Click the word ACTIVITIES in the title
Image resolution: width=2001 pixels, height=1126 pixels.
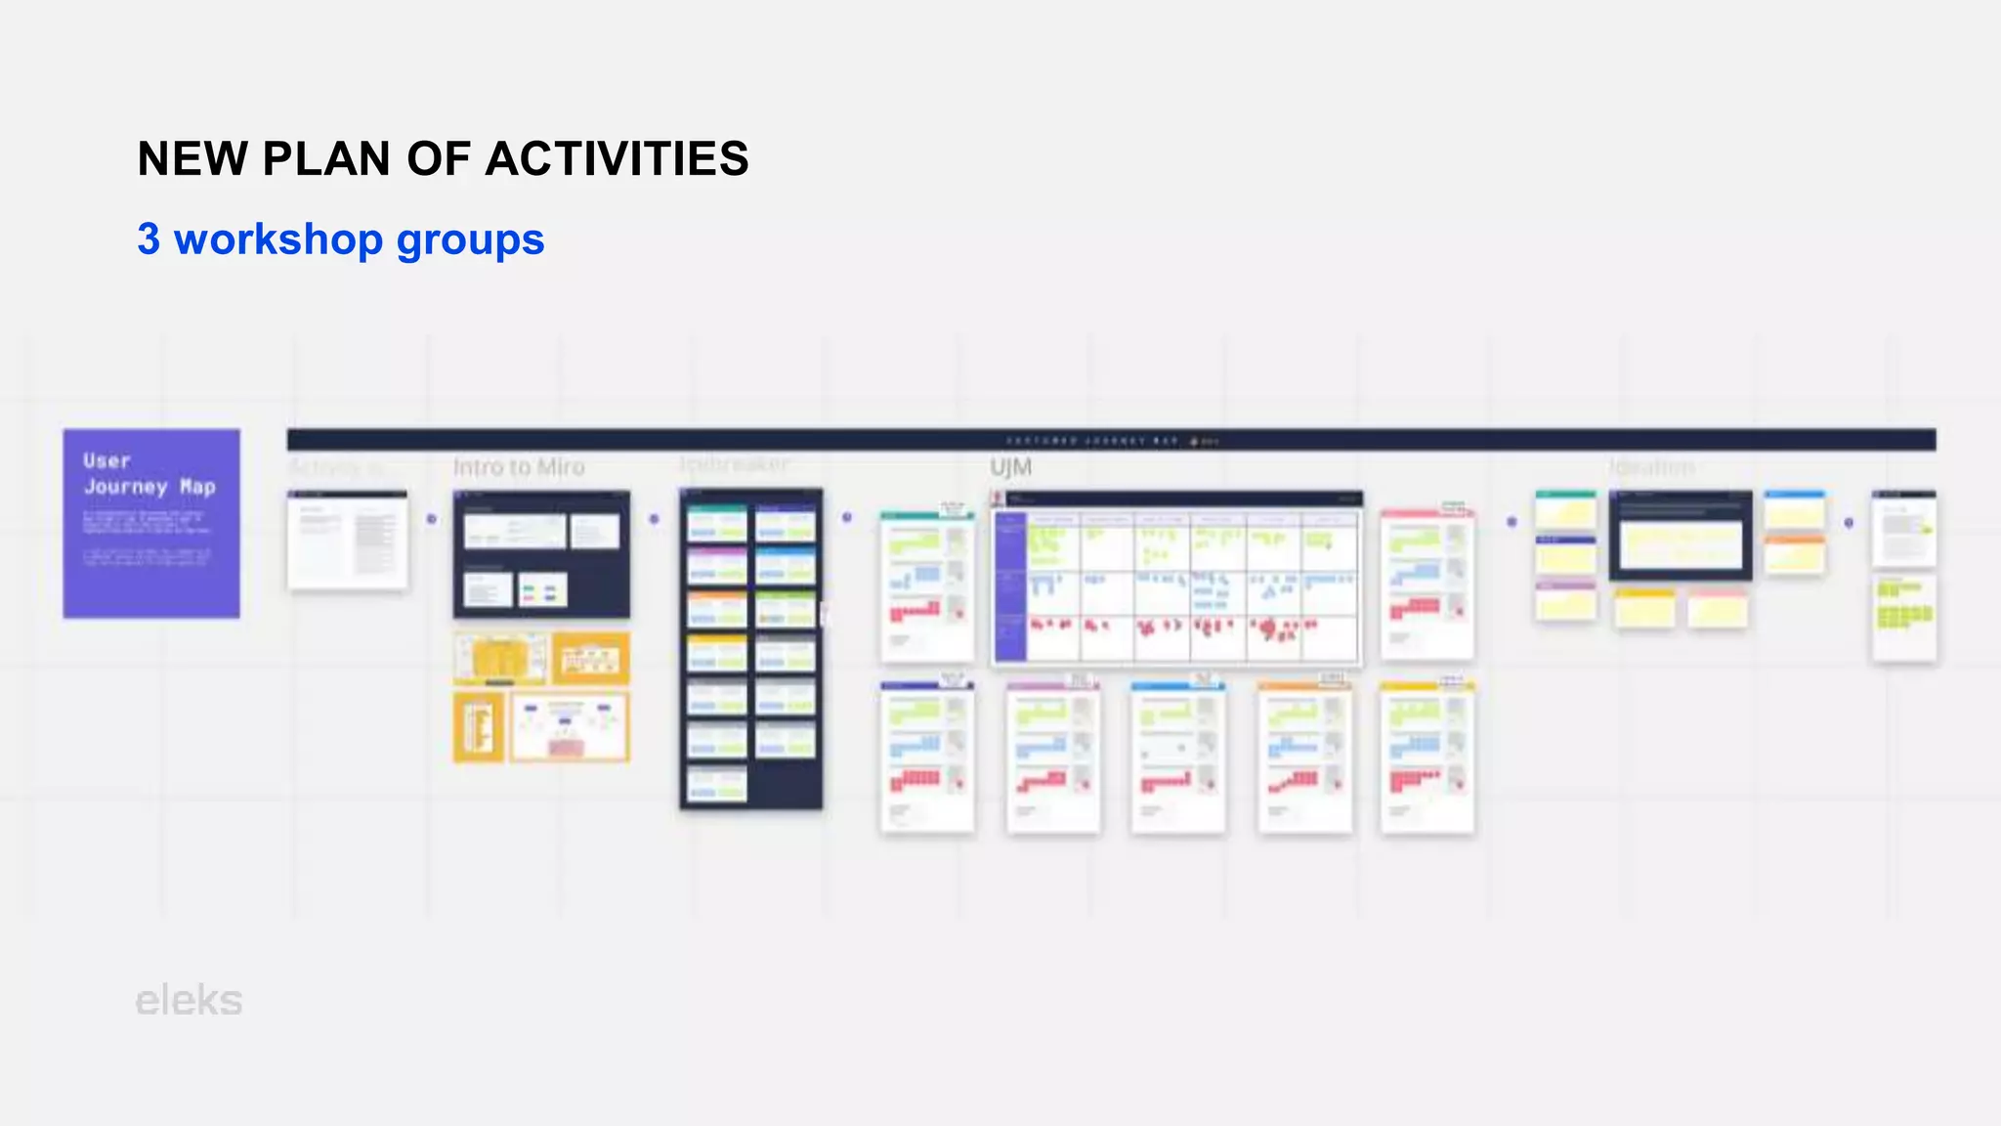(x=617, y=159)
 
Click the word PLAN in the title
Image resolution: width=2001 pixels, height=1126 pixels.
(x=326, y=159)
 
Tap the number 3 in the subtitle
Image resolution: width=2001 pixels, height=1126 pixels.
(x=149, y=239)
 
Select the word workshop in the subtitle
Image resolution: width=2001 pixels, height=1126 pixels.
(x=278, y=239)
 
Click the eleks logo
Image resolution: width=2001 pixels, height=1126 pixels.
(x=189, y=1001)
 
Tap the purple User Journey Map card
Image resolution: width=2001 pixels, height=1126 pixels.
(x=151, y=523)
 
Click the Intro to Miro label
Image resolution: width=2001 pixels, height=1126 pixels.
(x=519, y=467)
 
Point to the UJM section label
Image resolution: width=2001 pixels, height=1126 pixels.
(x=1010, y=467)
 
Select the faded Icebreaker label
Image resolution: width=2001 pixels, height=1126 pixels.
(x=733, y=463)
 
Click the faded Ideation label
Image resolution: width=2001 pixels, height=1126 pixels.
(x=1651, y=467)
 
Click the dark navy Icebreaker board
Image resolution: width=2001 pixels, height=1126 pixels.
(x=750, y=648)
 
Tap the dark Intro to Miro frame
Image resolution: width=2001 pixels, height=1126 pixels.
(x=541, y=554)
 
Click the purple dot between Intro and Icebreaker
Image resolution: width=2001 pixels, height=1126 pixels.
(x=655, y=519)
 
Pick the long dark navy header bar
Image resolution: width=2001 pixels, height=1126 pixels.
(x=1111, y=440)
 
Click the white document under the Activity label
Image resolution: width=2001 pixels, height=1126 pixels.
(x=348, y=541)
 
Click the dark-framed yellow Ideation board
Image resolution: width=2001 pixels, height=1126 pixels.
(x=1680, y=536)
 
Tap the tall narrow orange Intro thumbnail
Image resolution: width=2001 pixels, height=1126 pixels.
(x=479, y=727)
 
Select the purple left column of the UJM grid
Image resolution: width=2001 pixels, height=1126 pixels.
(x=1010, y=586)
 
